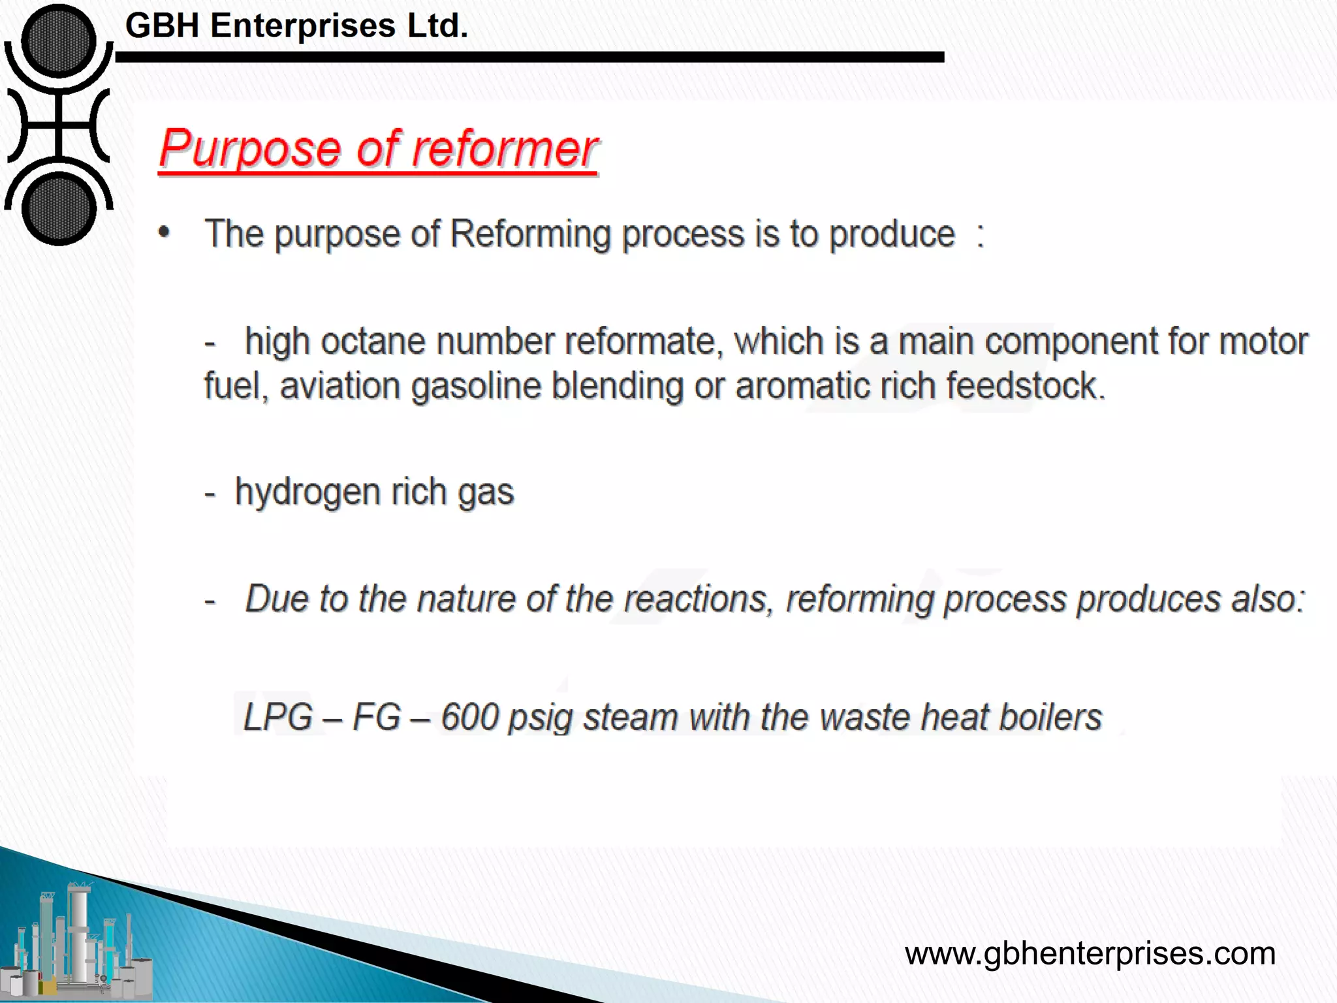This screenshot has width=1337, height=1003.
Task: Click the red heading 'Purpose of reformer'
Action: [379, 149]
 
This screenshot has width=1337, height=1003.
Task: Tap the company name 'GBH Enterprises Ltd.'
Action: [296, 26]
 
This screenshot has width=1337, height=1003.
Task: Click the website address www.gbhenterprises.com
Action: [1090, 953]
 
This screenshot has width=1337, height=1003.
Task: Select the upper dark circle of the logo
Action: [59, 40]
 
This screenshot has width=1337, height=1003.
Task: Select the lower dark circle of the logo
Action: [59, 209]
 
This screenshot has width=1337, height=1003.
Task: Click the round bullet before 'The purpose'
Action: [165, 232]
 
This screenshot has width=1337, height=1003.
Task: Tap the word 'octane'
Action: [372, 342]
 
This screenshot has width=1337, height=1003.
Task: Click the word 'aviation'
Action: [339, 385]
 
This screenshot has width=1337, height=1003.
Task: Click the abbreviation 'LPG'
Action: [277, 717]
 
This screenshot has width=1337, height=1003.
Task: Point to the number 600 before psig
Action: [469, 717]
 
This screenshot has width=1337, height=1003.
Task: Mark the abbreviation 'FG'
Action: [376, 717]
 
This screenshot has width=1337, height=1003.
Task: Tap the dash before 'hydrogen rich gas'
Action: [210, 494]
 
